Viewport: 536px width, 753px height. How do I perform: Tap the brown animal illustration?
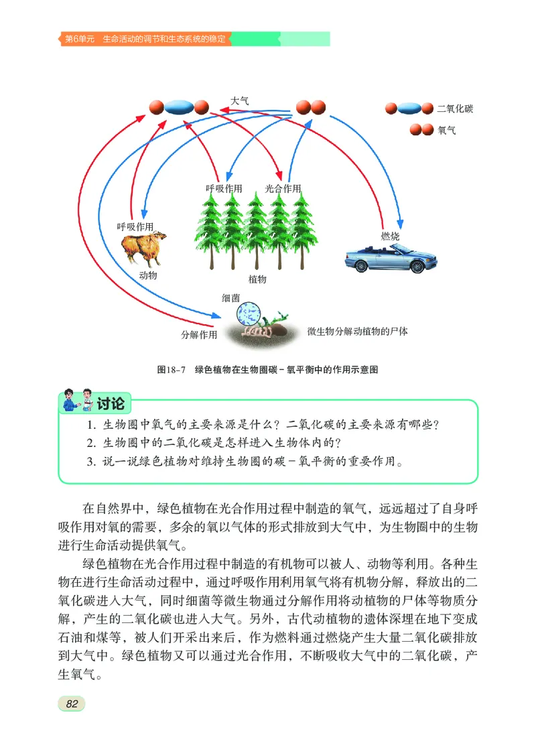pyautogui.click(x=143, y=247)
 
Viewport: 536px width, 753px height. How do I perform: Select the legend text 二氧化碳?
pyautogui.click(x=454, y=109)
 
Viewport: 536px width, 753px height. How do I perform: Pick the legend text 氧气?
pyautogui.click(x=446, y=130)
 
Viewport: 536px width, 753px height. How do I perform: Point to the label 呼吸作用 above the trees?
pyautogui.click(x=224, y=189)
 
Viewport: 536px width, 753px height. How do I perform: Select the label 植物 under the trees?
pyautogui.click(x=257, y=279)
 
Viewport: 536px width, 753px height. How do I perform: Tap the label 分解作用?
pyautogui.click(x=199, y=334)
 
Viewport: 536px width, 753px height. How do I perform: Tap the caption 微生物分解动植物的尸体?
pyautogui.click(x=358, y=331)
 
